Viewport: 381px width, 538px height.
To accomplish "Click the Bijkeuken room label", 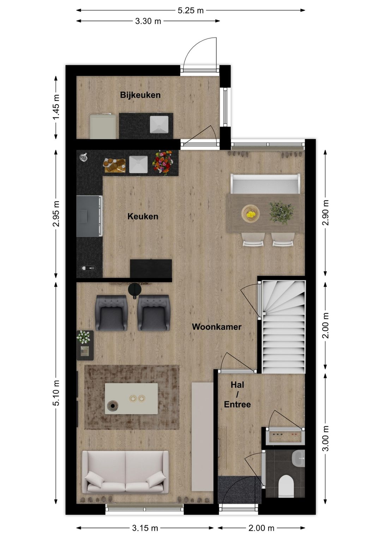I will pyautogui.click(x=140, y=95).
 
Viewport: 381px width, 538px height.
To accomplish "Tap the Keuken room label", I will pyautogui.click(x=143, y=216).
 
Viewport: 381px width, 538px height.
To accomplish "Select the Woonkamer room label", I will pyautogui.click(x=217, y=327).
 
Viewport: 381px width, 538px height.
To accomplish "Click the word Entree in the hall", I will pyautogui.click(x=237, y=404).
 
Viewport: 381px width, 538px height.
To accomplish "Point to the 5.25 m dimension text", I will pyautogui.click(x=190, y=11).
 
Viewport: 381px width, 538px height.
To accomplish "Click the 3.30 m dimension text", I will pyautogui.click(x=148, y=21).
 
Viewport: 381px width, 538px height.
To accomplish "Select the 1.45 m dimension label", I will pyautogui.click(x=56, y=107).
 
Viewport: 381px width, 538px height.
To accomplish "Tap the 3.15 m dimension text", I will pyautogui.click(x=145, y=528).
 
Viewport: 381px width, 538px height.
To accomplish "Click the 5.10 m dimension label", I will pyautogui.click(x=56, y=393).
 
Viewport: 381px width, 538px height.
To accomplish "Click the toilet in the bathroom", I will pyautogui.click(x=286, y=485).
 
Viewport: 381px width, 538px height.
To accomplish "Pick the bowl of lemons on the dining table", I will pyautogui.click(x=250, y=214).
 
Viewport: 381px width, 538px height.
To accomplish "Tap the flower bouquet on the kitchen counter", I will pyautogui.click(x=163, y=162).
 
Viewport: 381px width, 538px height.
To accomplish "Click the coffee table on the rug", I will pyautogui.click(x=131, y=398).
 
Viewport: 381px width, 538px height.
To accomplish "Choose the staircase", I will pyautogui.click(x=284, y=326).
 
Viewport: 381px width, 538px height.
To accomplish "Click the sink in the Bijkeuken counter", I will pyautogui.click(x=159, y=124).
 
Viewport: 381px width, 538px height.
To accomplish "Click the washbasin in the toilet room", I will pyautogui.click(x=299, y=458).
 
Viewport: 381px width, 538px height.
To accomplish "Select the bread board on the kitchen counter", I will pyautogui.click(x=115, y=165).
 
